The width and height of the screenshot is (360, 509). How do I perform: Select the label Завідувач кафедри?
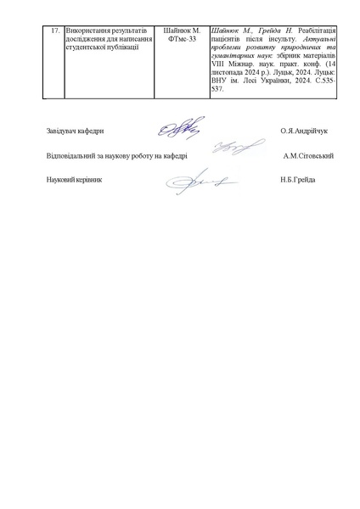click(76, 131)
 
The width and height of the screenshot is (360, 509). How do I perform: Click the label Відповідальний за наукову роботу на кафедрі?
click(116, 156)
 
